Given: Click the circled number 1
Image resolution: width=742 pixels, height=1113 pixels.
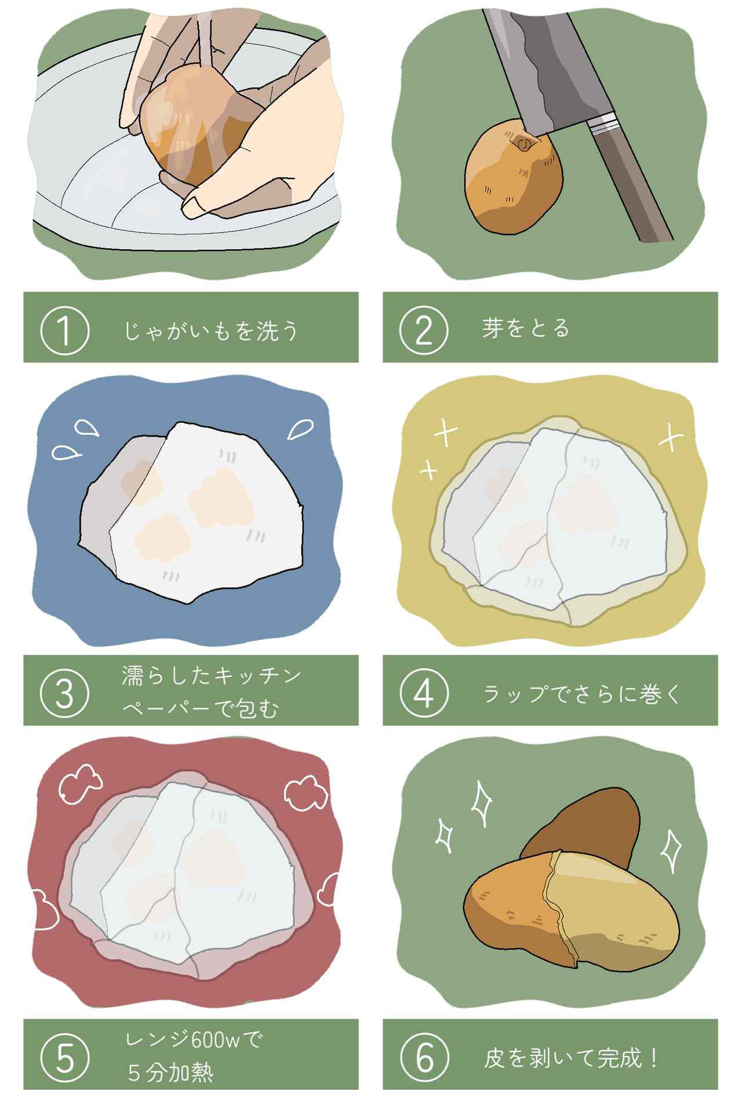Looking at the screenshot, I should (x=64, y=331).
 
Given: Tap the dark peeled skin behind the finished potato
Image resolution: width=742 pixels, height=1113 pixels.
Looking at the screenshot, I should (x=585, y=817).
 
